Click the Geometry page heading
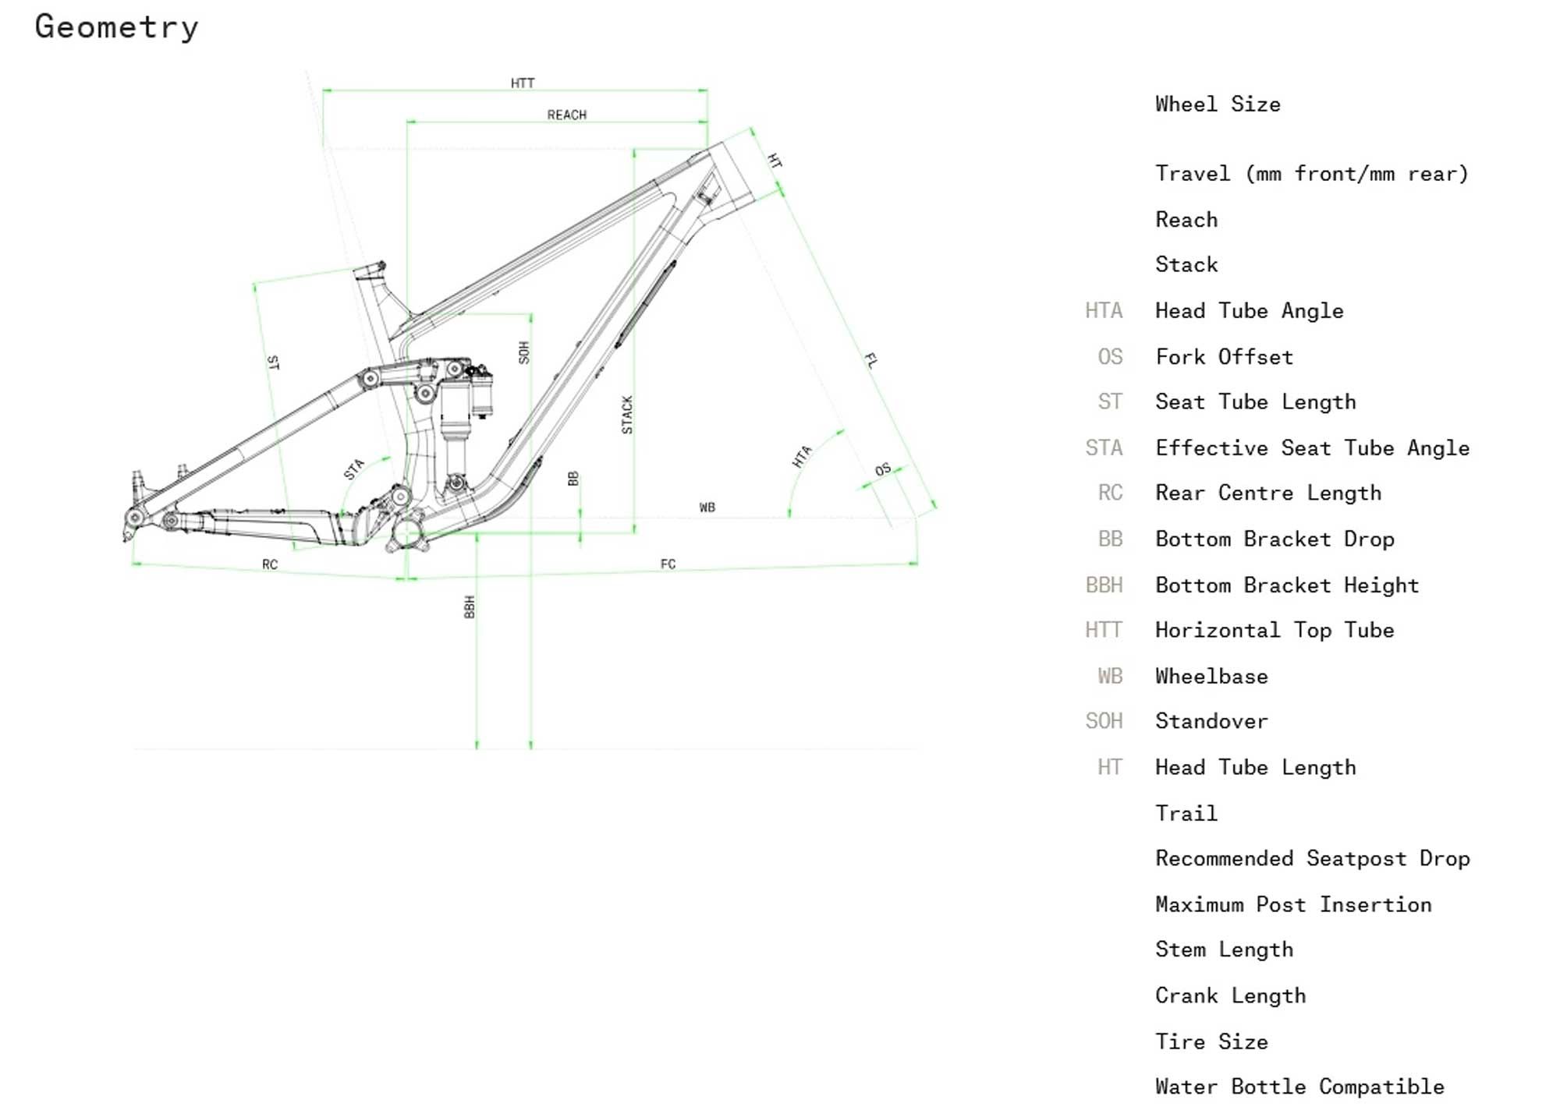117,27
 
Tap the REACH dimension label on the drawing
567,115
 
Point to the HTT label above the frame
523,83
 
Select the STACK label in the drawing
627,415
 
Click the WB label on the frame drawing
707,507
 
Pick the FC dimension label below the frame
668,564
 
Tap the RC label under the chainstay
270,564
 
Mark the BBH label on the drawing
470,607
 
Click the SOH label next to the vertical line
524,352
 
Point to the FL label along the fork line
871,360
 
